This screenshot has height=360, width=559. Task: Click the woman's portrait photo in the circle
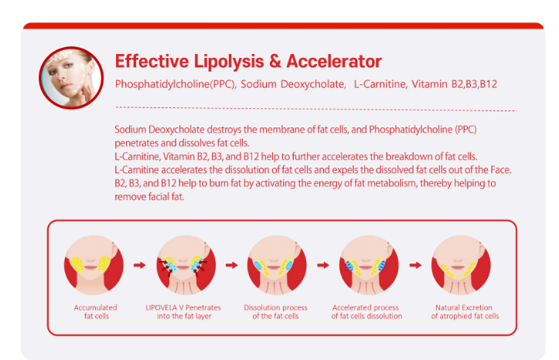71,77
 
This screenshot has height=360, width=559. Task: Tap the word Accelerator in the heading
334,61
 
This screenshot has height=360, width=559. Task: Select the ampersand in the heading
275,61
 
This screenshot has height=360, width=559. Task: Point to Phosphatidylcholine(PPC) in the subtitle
175,84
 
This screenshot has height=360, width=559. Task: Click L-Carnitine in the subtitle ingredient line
380,84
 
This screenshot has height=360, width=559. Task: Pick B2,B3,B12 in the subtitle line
474,84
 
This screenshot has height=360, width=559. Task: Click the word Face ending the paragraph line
501,170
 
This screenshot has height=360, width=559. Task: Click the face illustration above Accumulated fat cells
94,265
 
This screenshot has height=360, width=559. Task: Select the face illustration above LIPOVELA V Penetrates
186,265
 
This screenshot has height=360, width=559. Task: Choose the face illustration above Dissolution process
277,265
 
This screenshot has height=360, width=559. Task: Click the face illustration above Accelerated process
369,265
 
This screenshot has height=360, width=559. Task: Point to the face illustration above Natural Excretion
461,265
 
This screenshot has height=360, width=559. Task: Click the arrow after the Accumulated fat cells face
140,265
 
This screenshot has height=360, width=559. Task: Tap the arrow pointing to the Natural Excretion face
415,265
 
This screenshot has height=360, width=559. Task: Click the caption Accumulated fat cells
96,311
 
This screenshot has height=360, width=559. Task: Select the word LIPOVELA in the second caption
161,307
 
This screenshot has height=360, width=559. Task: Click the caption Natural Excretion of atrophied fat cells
465,311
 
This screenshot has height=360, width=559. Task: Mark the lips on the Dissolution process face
274,267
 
